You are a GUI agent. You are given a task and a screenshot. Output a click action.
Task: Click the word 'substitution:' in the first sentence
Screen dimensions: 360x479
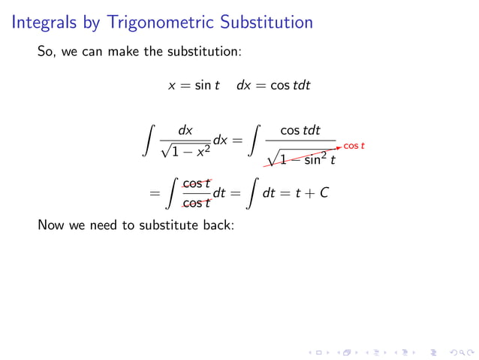click(205, 53)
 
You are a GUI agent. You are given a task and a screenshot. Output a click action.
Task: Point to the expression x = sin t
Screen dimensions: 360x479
click(194, 86)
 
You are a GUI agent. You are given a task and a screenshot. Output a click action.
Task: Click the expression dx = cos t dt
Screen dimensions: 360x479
click(273, 86)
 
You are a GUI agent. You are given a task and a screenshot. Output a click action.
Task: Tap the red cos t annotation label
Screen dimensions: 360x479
click(354, 145)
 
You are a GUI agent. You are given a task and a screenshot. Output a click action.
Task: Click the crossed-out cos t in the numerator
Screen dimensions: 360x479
click(197, 183)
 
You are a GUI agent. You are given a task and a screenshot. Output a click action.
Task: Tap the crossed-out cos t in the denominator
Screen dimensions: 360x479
click(197, 204)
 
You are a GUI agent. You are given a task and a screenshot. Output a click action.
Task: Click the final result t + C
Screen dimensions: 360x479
click(312, 194)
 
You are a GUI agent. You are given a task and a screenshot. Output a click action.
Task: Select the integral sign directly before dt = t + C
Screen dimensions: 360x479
click(250, 194)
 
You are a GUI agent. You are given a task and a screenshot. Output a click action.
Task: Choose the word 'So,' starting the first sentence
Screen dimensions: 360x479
click(47, 53)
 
